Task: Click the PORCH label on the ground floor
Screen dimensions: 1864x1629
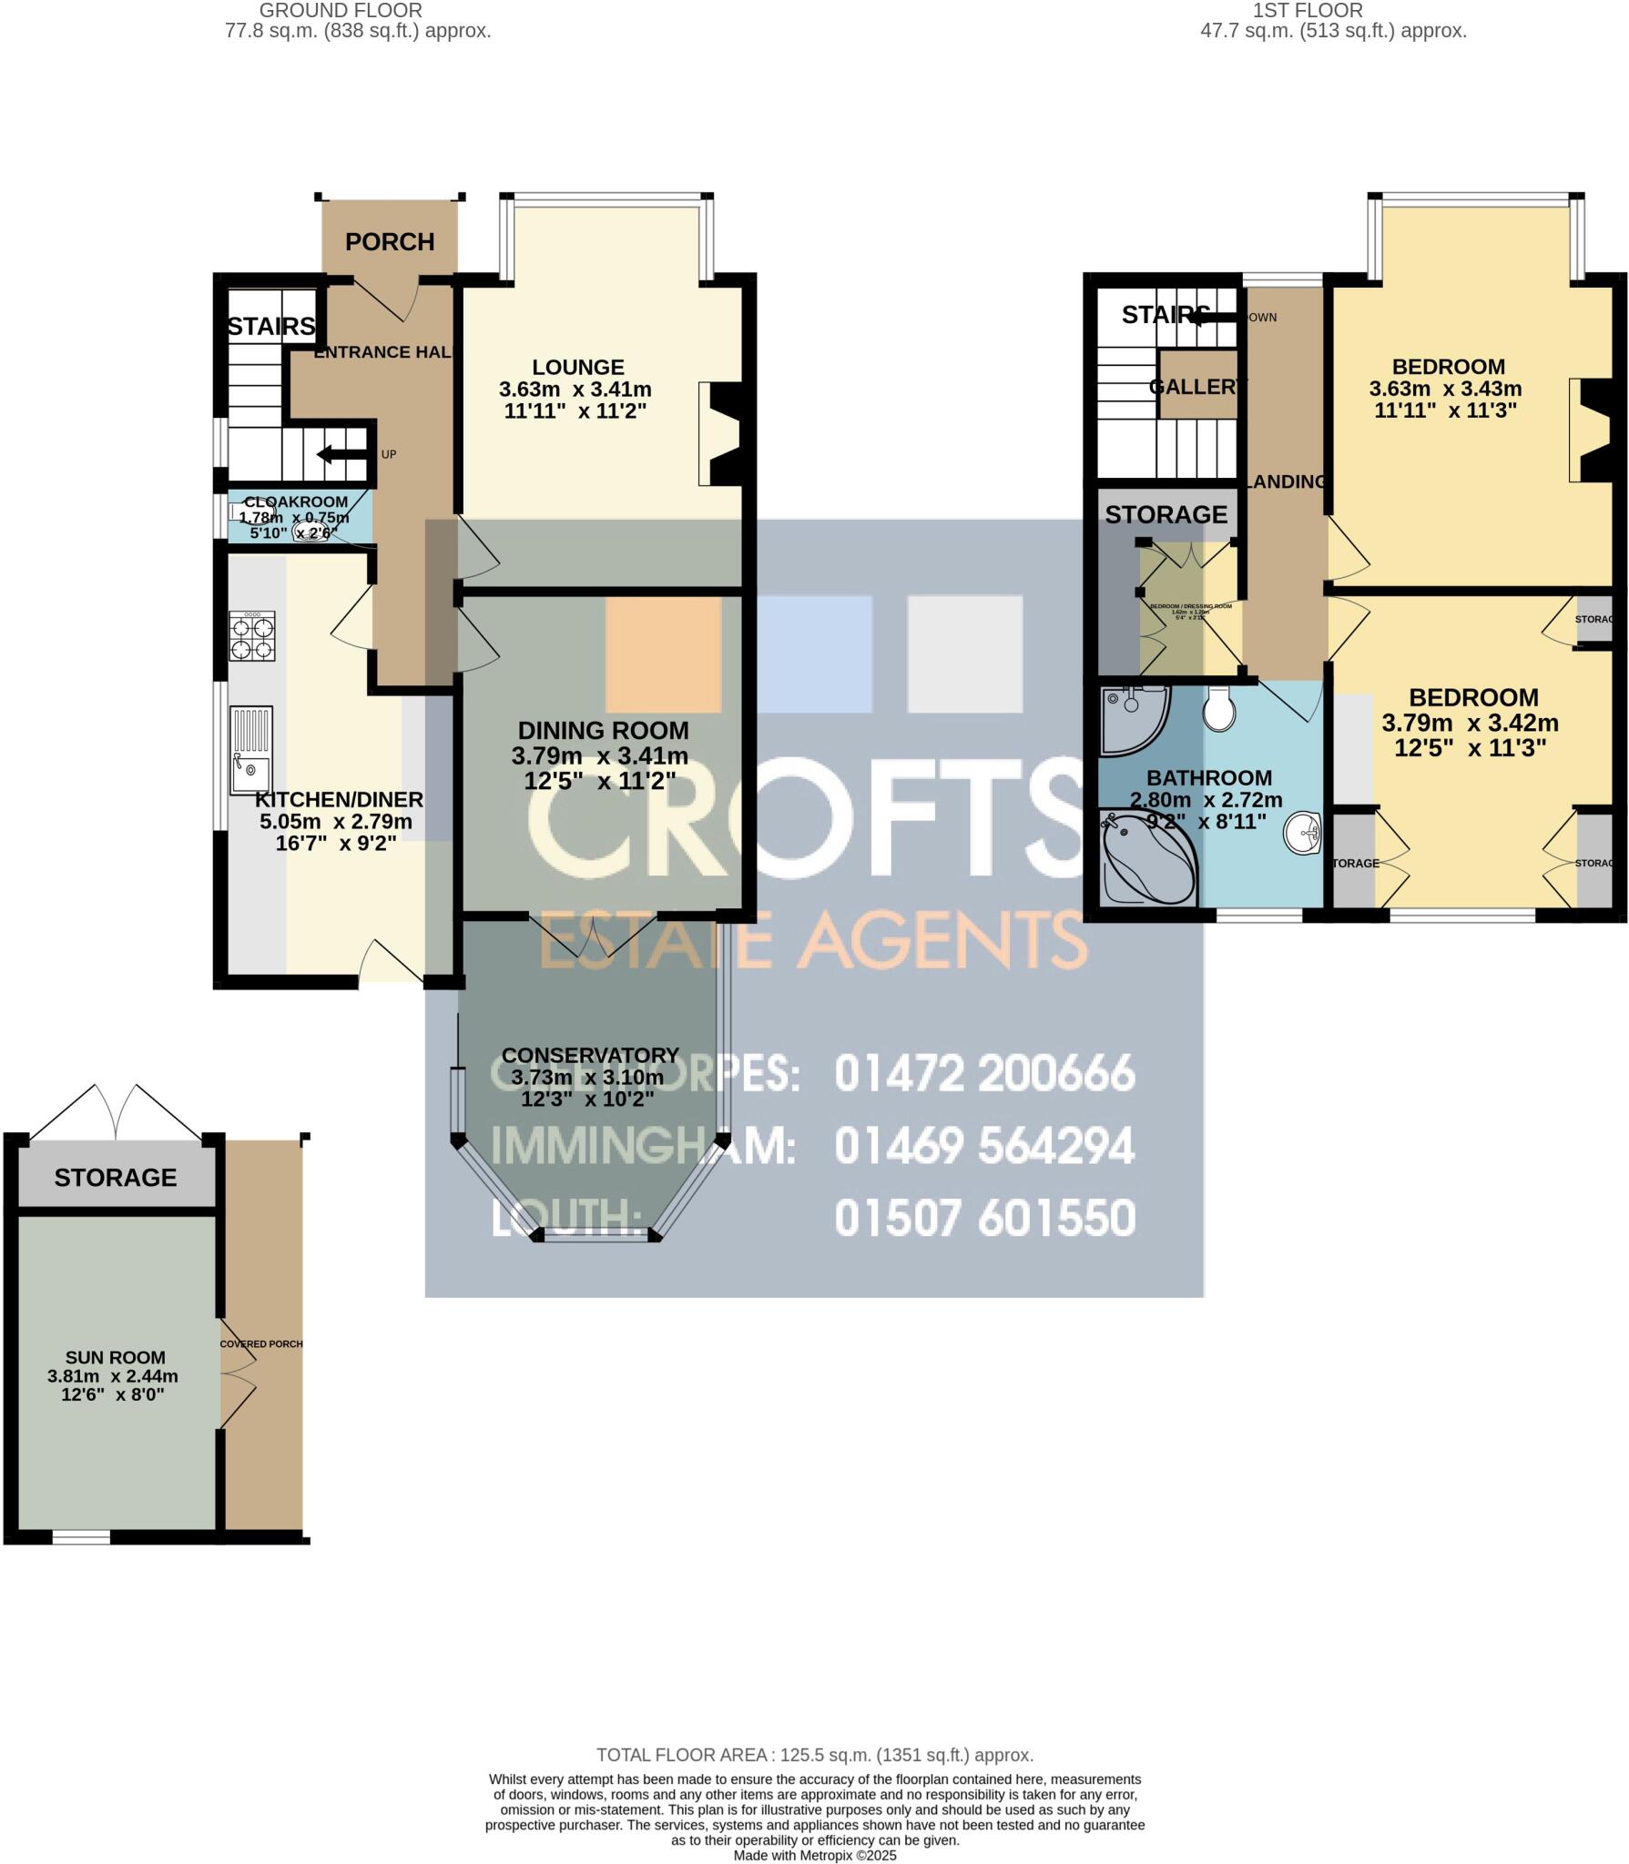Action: pyautogui.click(x=390, y=242)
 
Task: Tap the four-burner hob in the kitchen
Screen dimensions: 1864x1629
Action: pyautogui.click(x=252, y=636)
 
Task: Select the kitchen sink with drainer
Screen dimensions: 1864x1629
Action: pyautogui.click(x=250, y=750)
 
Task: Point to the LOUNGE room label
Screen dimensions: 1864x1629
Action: pyautogui.click(x=578, y=368)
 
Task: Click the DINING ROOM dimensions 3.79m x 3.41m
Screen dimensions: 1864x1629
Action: pyautogui.click(x=599, y=756)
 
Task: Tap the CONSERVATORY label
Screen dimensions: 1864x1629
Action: pyautogui.click(x=590, y=1055)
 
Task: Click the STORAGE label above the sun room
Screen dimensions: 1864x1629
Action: pyautogui.click(x=116, y=1178)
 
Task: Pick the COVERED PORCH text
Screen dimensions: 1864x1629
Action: pyautogui.click(x=261, y=1343)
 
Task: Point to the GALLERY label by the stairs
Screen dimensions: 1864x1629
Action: pyautogui.click(x=1196, y=387)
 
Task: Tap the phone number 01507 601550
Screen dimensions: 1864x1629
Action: pyautogui.click(x=984, y=1218)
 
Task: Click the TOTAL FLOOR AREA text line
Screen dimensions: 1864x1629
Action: pyautogui.click(x=814, y=1755)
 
